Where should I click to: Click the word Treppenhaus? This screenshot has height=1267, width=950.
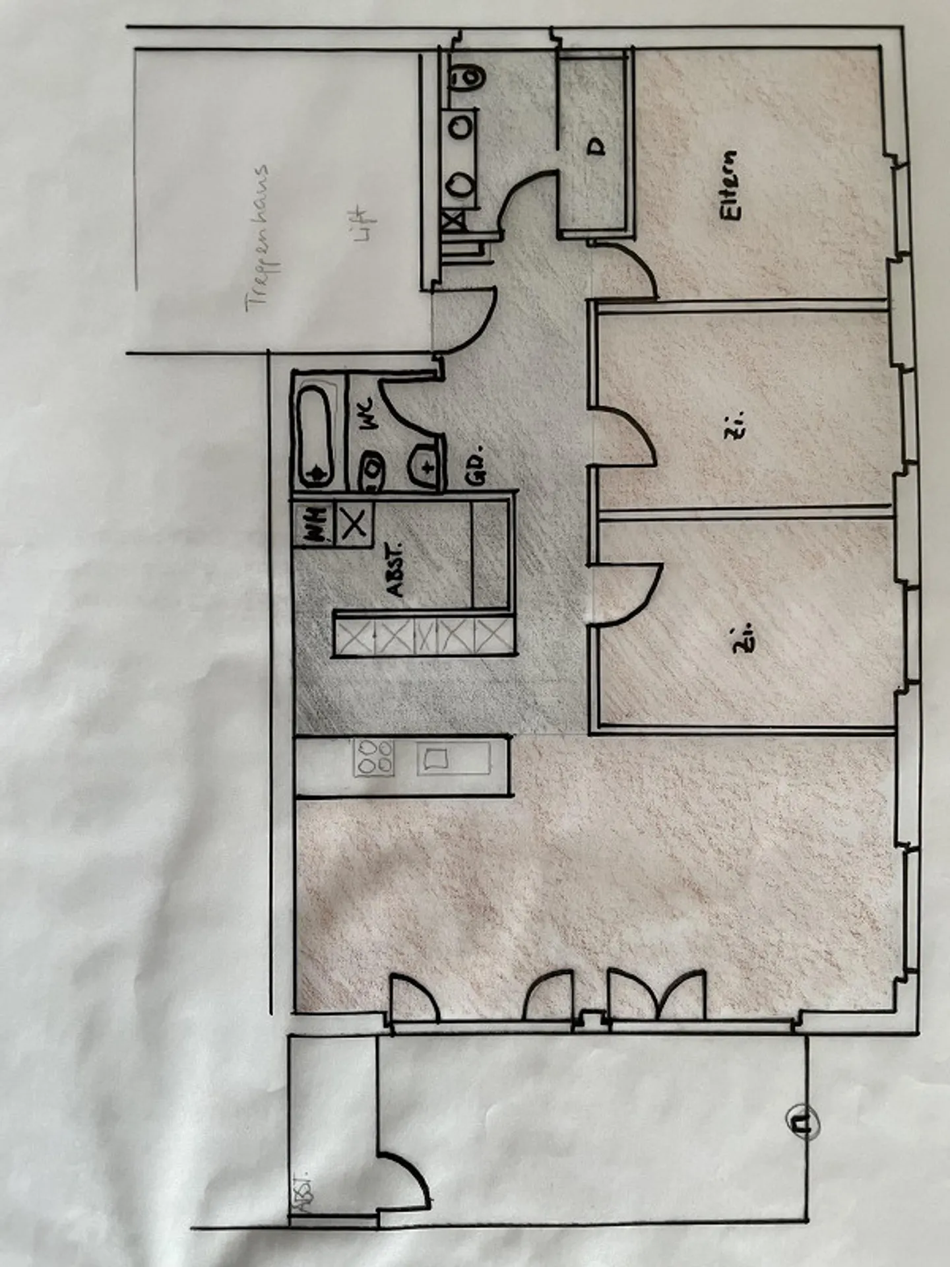click(259, 238)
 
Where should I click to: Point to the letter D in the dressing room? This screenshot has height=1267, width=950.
click(597, 146)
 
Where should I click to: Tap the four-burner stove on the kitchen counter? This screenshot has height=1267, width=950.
click(374, 757)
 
